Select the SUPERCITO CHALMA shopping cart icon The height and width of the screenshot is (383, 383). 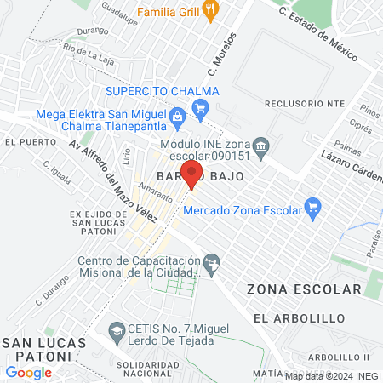[201, 106]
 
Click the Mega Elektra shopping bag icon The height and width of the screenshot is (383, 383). [177, 116]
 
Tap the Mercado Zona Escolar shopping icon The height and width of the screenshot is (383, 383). [312, 204]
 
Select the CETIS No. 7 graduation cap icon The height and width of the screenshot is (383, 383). [115, 329]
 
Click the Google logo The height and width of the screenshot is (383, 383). [28, 372]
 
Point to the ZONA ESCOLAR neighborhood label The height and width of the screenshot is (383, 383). [304, 289]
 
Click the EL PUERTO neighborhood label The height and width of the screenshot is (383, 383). [22, 141]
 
